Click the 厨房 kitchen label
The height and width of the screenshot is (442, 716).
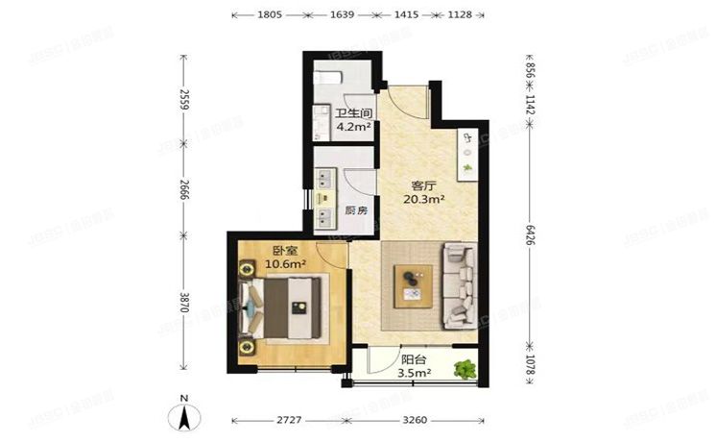(356, 210)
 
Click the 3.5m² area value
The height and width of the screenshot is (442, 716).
(415, 372)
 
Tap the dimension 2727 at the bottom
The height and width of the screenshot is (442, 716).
(288, 420)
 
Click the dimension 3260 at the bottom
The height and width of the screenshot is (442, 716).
(415, 420)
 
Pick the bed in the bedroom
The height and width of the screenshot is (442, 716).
(285, 308)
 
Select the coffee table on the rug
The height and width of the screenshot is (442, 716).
(413, 282)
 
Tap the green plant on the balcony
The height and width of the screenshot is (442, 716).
(465, 367)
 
